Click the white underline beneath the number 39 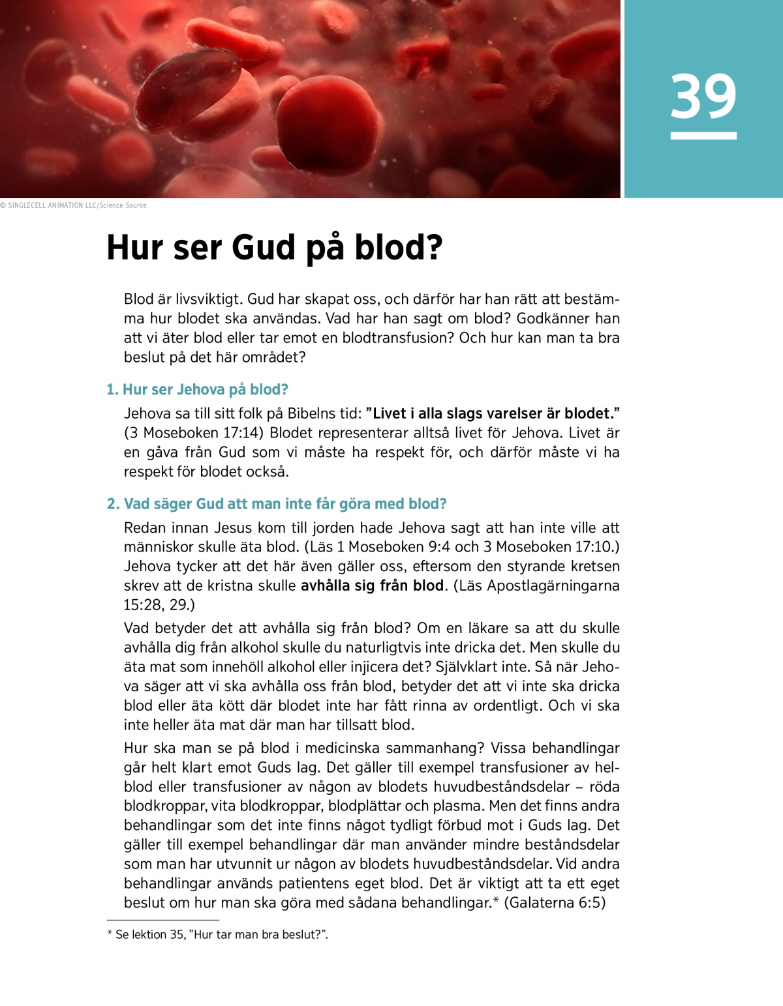(x=703, y=136)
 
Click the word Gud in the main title (x=264, y=248)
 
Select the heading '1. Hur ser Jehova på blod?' (x=197, y=390)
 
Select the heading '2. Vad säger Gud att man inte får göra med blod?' (x=277, y=504)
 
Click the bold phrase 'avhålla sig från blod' (x=372, y=585)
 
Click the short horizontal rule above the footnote (x=163, y=920)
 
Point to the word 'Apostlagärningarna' (x=553, y=585)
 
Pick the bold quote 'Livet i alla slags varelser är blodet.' (x=493, y=413)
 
